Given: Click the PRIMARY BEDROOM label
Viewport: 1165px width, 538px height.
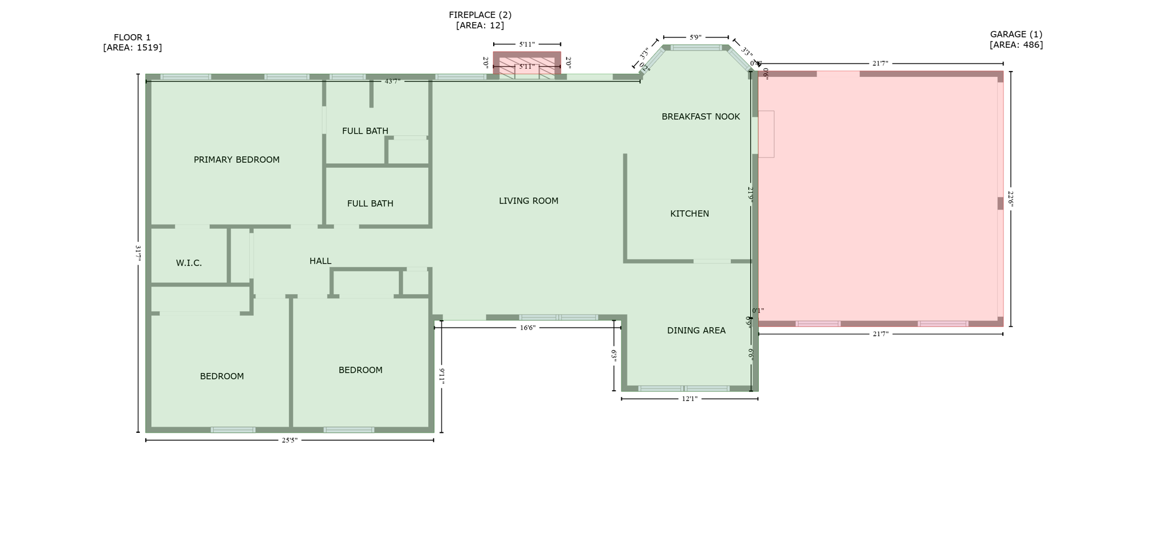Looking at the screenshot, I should pyautogui.click(x=237, y=160).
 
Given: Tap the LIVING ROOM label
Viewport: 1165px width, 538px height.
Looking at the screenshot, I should pyautogui.click(x=528, y=201).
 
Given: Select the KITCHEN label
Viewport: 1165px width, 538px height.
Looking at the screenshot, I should pyautogui.click(x=689, y=214).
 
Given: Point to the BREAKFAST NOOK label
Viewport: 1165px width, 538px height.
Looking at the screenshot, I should pyautogui.click(x=701, y=117).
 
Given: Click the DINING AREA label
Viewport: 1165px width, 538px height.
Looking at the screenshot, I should pyautogui.click(x=696, y=330).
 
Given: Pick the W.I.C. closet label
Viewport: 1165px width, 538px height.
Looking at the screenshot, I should pyautogui.click(x=189, y=263).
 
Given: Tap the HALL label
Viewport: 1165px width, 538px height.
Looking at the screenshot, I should pyautogui.click(x=320, y=261).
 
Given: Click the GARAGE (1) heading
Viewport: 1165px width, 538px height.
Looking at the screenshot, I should pyautogui.click(x=1016, y=34).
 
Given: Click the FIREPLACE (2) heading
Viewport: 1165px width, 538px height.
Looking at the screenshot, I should pyautogui.click(x=480, y=15).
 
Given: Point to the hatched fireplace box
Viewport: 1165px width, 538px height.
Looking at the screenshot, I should pyautogui.click(x=527, y=64).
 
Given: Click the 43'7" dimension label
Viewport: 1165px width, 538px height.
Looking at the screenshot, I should pyautogui.click(x=393, y=81).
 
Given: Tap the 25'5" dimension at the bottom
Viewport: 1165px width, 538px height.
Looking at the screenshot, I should pyautogui.click(x=290, y=440).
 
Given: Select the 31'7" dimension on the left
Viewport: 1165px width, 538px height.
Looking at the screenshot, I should pyautogui.click(x=138, y=253).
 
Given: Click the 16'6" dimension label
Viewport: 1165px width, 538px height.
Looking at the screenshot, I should pyautogui.click(x=527, y=328).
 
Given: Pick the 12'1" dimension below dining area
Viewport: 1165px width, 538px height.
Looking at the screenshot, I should pyautogui.click(x=689, y=399).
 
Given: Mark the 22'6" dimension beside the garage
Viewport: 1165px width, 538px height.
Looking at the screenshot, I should pyautogui.click(x=1011, y=199).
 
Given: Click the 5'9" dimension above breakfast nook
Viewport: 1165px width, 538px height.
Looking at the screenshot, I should pyautogui.click(x=695, y=38).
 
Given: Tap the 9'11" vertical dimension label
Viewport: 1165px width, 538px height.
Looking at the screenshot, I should pyautogui.click(x=442, y=376).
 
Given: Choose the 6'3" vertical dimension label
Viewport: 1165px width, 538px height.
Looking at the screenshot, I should pyautogui.click(x=614, y=356).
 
